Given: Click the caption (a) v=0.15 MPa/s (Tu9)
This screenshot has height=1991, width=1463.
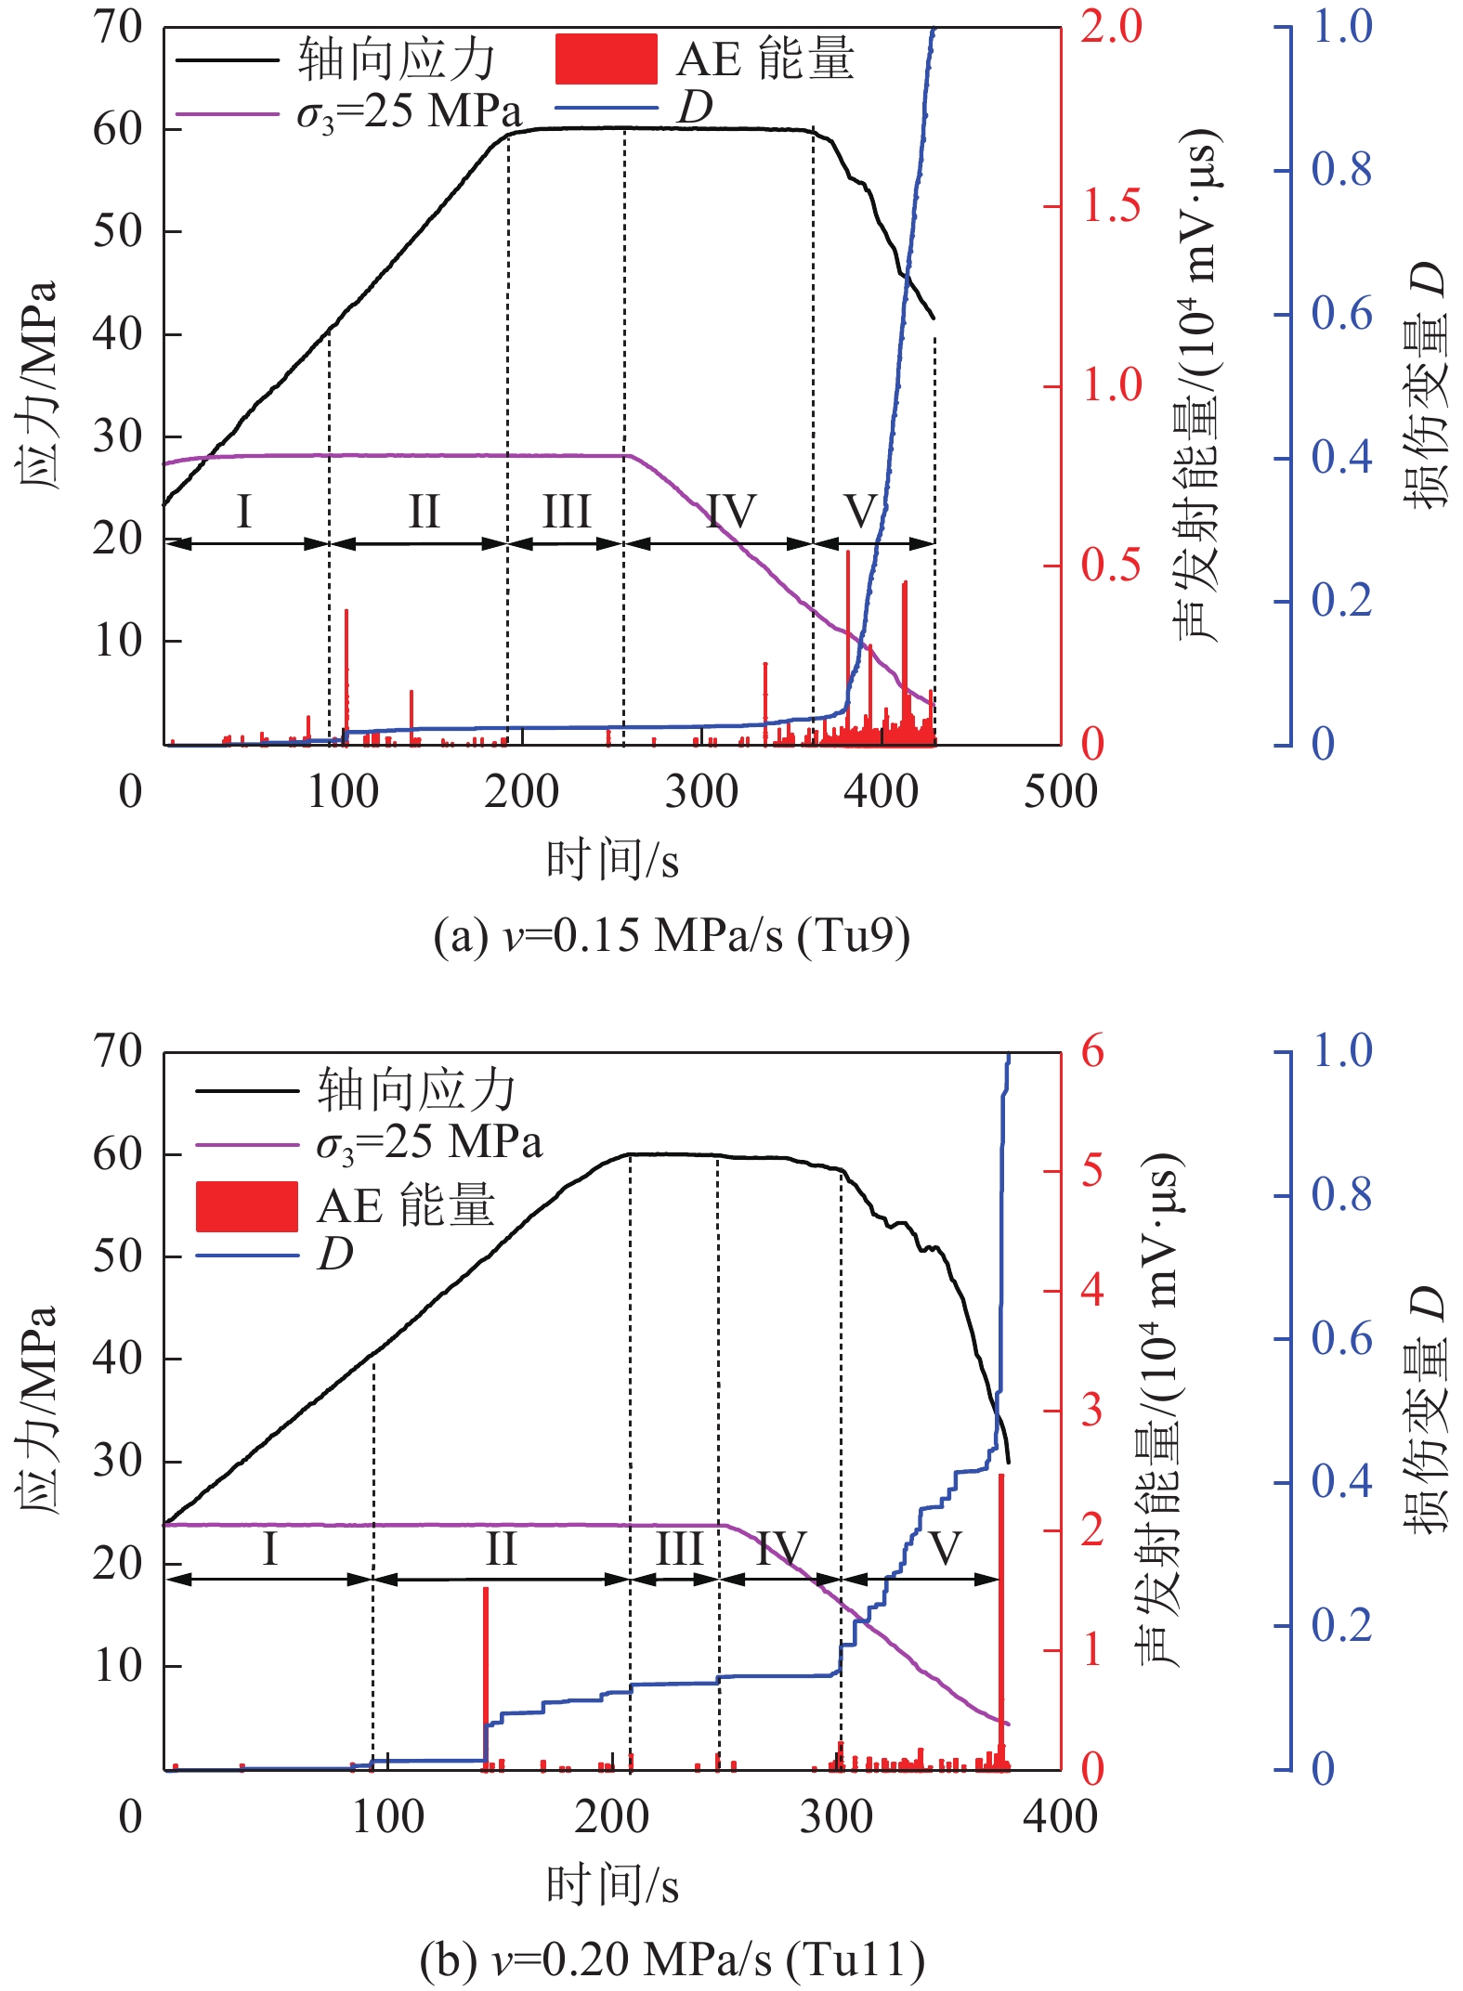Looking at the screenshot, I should click(x=671, y=936).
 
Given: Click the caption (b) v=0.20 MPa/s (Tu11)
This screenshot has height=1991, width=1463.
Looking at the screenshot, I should click(x=671, y=1959).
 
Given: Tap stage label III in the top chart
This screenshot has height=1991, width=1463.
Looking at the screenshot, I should click(x=567, y=512).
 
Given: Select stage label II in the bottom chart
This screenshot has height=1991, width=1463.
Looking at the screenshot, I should click(x=501, y=1548).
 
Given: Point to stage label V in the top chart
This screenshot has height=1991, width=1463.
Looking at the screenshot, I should click(x=861, y=512).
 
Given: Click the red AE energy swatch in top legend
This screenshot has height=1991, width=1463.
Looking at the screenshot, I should click(x=606, y=59).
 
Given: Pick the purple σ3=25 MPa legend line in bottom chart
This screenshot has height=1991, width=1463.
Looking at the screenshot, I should click(x=246, y=1145).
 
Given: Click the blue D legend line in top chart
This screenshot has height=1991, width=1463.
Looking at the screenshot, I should click(x=606, y=109).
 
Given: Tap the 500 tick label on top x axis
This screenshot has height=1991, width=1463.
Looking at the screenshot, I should click(x=1060, y=792).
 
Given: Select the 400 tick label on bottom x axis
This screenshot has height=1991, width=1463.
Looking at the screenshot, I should click(x=1060, y=1816).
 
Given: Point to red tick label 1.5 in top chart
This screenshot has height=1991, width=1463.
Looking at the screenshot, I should click(x=1111, y=206).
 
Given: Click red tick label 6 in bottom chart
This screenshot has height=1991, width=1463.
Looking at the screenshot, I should click(x=1092, y=1052).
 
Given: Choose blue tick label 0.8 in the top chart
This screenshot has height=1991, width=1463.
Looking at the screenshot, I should click(x=1340, y=170).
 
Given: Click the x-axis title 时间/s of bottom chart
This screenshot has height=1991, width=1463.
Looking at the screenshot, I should click(x=612, y=1885).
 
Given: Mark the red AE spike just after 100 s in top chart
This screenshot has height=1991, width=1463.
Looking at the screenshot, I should click(x=346, y=669).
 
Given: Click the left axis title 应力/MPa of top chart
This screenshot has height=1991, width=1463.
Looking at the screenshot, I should click(x=37, y=384).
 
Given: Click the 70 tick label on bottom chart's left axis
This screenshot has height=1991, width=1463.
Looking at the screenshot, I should click(x=117, y=1052).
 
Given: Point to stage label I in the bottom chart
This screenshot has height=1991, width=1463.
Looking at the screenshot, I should click(x=269, y=1548).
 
